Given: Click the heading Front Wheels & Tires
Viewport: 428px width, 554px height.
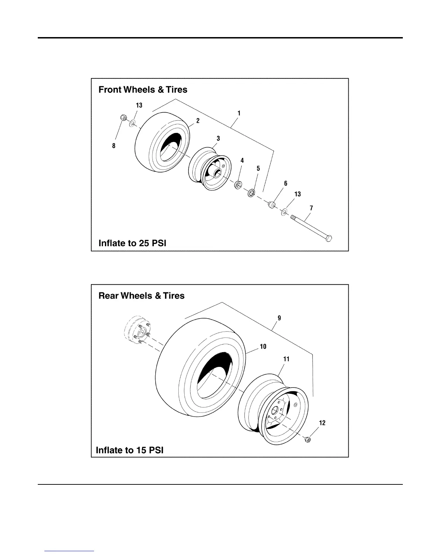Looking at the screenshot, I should point(143,90).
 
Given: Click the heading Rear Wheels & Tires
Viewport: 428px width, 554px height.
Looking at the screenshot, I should point(141,296).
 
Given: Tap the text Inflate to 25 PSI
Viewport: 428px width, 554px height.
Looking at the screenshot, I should point(132,243).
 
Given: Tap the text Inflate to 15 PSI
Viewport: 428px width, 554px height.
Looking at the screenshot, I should point(129,450).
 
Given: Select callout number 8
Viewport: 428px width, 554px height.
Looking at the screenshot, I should point(114,146).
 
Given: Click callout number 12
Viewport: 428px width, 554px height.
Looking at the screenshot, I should point(322,423).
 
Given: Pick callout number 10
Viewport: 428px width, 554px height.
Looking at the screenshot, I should point(263,347).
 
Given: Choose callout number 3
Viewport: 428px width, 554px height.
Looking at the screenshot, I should point(218,138).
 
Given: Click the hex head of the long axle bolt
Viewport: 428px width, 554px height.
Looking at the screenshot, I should point(328,239).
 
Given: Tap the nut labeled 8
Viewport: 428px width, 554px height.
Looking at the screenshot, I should point(123,118).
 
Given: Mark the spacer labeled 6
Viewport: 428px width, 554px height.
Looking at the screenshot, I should point(271,205).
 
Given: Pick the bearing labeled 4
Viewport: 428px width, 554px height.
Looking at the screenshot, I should point(238,184).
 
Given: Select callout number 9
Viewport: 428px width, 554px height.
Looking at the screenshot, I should point(279,318).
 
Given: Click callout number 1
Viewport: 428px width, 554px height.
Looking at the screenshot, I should point(239,114).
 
